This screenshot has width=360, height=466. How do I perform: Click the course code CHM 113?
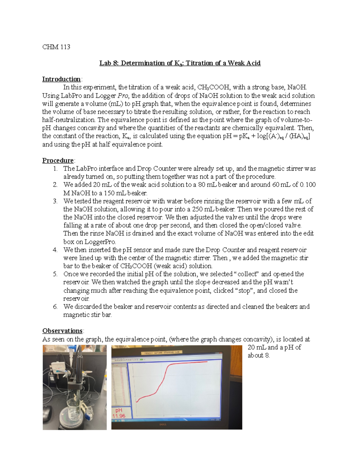pyautogui.click(x=56, y=47)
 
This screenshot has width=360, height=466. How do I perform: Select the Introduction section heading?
pyautogui.click(x=61, y=79)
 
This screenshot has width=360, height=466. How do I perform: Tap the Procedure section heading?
pyautogui.click(x=58, y=161)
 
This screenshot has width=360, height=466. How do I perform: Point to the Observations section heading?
pyautogui.click(x=62, y=331)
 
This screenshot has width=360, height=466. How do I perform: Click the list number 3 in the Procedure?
pyautogui.click(x=55, y=201)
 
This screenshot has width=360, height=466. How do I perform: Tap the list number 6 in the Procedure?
pyautogui.click(x=55, y=307)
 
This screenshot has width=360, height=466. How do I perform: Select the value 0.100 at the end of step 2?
pyautogui.click(x=306, y=185)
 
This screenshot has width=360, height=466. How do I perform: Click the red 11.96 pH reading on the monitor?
pyautogui.click(x=119, y=416)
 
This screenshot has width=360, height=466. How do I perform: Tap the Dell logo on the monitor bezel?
pyautogui.click(x=163, y=424)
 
